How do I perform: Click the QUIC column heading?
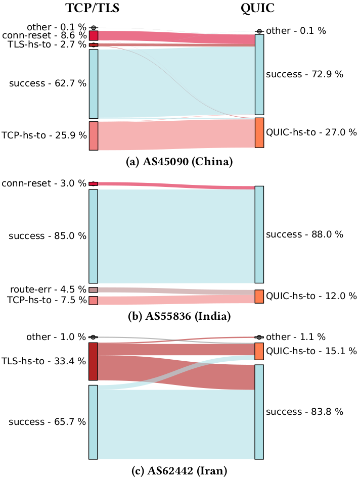(259, 9)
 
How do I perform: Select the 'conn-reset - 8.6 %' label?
(44, 35)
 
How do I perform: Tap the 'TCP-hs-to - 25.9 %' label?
(44, 135)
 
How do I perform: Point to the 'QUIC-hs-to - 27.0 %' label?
(311, 132)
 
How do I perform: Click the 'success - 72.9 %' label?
(304, 74)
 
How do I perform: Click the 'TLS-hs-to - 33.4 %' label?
(44, 361)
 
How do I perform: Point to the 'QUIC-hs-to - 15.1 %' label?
(311, 351)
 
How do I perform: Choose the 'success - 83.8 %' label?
(304, 412)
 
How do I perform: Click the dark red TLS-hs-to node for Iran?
(93, 361)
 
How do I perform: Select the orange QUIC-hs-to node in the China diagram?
(259, 132)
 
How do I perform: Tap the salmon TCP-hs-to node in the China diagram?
(93, 135)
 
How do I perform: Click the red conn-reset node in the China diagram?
(93, 35)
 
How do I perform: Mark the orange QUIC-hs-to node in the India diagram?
(259, 297)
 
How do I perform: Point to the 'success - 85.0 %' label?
(48, 236)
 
